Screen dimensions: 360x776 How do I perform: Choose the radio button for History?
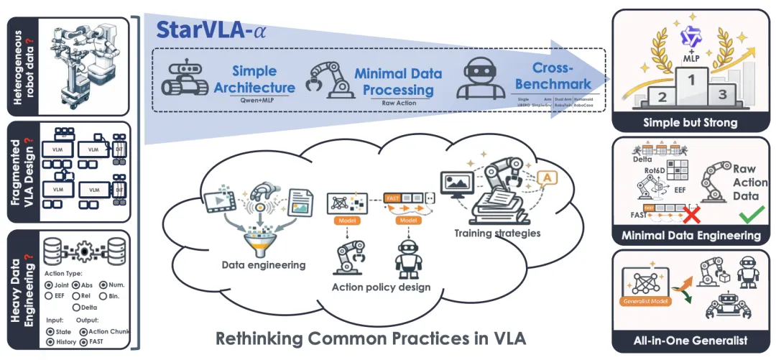[x=49, y=343]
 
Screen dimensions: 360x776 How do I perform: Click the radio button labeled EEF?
[x=49, y=295]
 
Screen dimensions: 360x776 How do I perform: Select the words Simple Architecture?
[x=264, y=80]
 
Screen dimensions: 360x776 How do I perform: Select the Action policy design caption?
[x=381, y=288]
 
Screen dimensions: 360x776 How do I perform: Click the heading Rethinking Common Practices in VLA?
[x=371, y=338]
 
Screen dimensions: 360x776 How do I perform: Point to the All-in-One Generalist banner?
[x=689, y=340]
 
